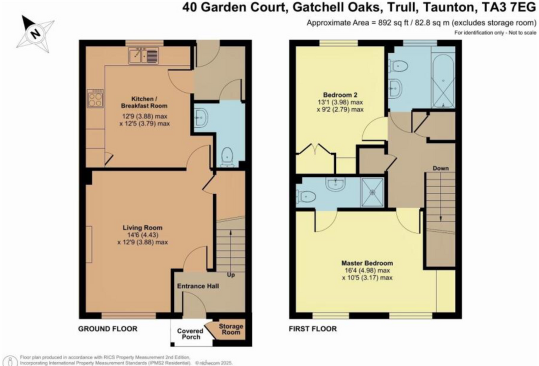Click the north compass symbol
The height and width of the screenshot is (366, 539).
tap(35, 34)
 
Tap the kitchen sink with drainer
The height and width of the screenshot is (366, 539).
tap(143, 56)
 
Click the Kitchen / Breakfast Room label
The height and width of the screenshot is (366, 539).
tap(144, 102)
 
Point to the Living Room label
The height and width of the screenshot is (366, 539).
tap(142, 228)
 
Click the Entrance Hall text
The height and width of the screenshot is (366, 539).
tap(198, 286)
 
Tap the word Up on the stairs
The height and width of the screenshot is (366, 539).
tap(231, 275)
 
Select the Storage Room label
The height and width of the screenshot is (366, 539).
tap(231, 329)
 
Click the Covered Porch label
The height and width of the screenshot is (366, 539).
tap(190, 334)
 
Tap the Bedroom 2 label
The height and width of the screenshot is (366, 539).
tap(340, 95)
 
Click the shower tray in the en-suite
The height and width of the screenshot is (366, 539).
tap(372, 192)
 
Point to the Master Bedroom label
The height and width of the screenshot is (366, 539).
tap(367, 263)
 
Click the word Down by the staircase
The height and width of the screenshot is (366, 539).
tap(441, 168)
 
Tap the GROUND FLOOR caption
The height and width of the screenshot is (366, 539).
tap(108, 329)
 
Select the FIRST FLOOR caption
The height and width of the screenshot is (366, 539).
tap(313, 329)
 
